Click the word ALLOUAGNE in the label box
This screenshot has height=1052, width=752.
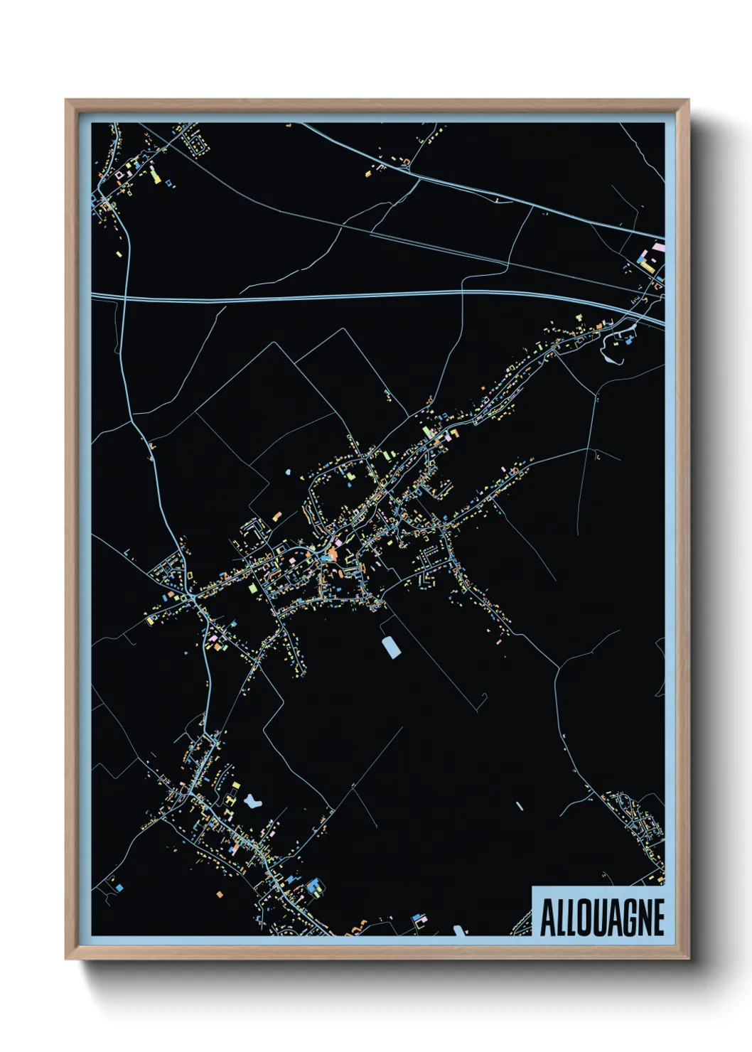pos(602,918)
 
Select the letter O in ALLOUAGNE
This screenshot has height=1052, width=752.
pos(581,918)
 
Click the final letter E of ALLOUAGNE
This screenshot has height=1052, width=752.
pos(658,918)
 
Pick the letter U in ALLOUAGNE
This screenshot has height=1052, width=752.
pos(597,918)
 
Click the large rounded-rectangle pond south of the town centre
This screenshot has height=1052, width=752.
pos(390,647)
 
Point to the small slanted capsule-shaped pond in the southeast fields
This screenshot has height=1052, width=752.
pos(519,807)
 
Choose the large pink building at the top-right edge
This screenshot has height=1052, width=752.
pos(657,249)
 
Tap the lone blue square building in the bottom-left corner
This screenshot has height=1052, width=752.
pos(119,887)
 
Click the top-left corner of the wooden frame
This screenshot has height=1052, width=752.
pos(66,100)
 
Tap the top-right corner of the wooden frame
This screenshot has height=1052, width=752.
pos(688,100)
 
